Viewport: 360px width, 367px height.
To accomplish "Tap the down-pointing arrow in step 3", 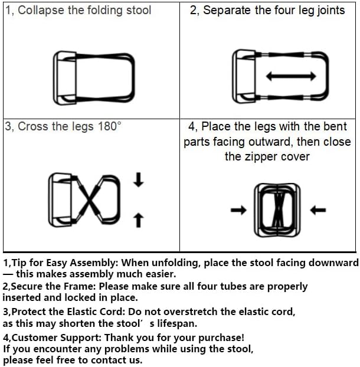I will pos(138,180).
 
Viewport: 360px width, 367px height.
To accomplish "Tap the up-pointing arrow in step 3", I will pos(138,219).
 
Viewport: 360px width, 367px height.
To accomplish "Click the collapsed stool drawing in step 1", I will pos(94,76).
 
